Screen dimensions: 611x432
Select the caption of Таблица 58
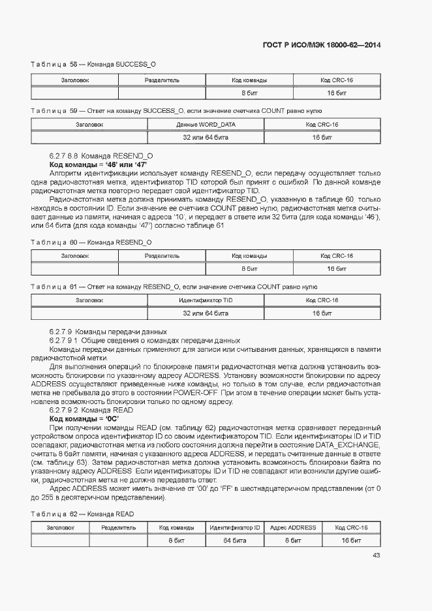pyautogui.click(x=93, y=65)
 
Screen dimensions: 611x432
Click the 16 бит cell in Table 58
pyautogui.click(x=336, y=94)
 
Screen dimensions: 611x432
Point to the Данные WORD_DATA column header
pyautogui.click(x=206, y=124)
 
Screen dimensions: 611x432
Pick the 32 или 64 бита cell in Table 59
pyautogui.click(x=206, y=138)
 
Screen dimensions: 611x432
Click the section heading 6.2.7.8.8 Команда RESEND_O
pyautogui.click(x=101, y=157)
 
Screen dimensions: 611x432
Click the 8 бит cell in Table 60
pyautogui.click(x=249, y=269)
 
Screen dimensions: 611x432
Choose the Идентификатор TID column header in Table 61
pyautogui.click(x=206, y=300)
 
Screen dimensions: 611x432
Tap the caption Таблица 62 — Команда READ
pyautogui.click(x=83, y=514)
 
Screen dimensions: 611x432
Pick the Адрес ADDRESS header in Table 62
pyautogui.click(x=292, y=527)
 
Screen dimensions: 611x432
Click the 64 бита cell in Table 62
pyautogui.click(x=234, y=541)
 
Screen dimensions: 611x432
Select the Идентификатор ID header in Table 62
pyautogui.click(x=234, y=527)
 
